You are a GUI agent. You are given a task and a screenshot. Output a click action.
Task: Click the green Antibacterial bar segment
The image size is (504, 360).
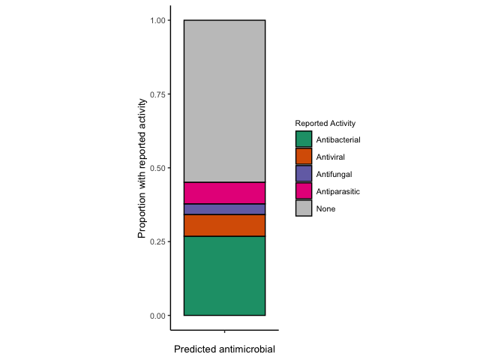224,275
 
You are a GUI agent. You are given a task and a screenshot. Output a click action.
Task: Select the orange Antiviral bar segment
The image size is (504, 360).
224,226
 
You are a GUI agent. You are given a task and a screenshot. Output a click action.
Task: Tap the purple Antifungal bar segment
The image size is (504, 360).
224,209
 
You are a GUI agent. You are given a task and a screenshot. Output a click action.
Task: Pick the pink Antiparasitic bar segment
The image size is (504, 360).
224,193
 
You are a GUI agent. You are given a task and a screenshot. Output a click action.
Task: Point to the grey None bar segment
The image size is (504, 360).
224,101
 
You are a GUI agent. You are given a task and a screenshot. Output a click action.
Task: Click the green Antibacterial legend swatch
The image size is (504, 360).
304,139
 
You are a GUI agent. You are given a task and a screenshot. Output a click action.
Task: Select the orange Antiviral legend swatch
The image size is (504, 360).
304,157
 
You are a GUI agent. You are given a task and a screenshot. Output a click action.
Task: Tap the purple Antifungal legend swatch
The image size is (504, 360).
304,174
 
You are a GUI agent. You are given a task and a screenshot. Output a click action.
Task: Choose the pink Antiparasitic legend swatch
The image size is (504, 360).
304,191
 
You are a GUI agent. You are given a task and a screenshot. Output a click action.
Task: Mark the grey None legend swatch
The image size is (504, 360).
304,208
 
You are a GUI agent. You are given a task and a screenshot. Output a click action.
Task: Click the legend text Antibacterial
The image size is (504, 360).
338,139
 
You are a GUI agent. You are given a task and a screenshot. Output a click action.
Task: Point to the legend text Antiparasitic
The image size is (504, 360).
338,191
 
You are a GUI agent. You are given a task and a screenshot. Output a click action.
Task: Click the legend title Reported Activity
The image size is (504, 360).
325,123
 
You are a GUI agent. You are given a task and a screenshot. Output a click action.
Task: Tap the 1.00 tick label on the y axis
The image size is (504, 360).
157,20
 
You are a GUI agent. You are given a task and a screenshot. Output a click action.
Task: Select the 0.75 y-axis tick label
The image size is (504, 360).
157,94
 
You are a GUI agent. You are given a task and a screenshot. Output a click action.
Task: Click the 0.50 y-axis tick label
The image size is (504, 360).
157,168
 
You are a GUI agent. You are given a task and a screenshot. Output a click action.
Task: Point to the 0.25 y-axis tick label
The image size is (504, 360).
157,241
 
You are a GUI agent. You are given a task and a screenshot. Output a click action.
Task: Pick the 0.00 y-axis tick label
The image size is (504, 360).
157,316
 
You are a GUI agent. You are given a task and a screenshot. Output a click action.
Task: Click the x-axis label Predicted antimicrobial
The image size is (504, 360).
224,349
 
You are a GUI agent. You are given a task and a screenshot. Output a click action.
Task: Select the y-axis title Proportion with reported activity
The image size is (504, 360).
142,168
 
